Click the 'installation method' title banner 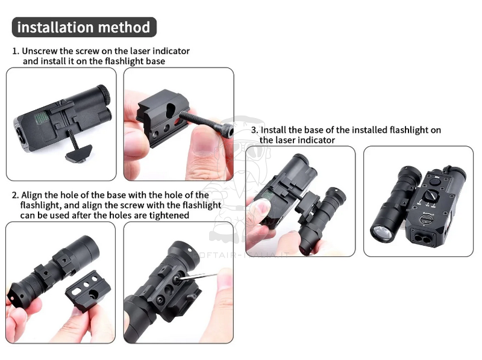click(84, 27)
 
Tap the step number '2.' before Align click(16, 196)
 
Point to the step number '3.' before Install click(254, 130)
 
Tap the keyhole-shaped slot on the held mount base click(170, 110)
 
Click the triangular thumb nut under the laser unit click(79, 153)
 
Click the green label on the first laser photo click(41, 117)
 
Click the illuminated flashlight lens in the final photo click(382, 231)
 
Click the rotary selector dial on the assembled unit click(430, 196)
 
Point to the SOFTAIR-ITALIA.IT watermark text click(242, 255)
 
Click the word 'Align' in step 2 click(32, 196)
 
